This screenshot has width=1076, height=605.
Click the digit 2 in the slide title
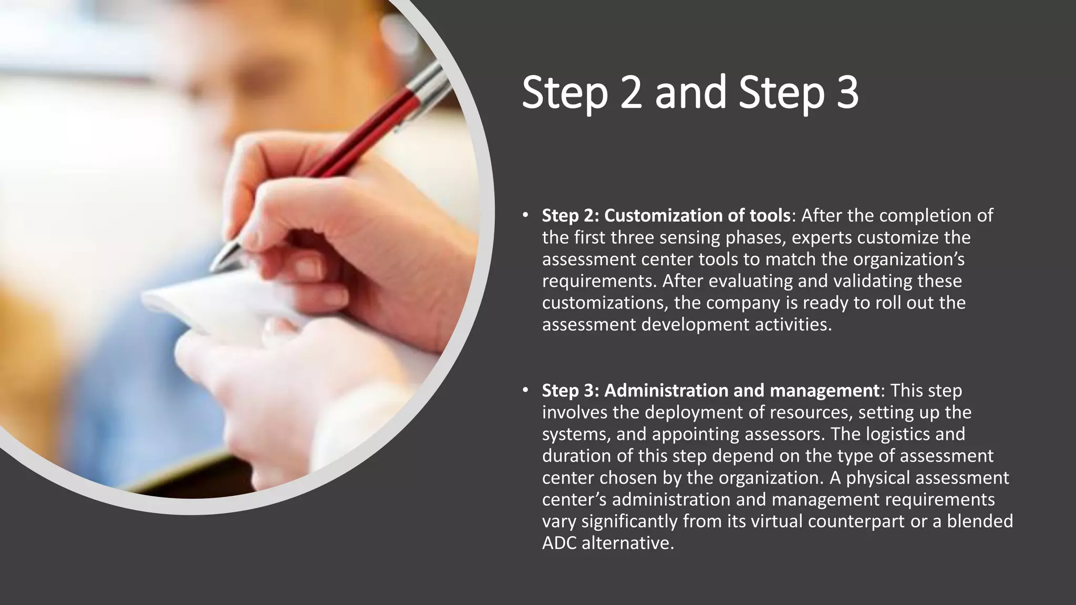tap(631, 93)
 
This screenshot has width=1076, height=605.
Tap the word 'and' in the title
tap(690, 93)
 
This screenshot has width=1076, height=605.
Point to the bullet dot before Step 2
tap(525, 215)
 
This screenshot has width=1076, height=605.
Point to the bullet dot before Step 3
tap(525, 390)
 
